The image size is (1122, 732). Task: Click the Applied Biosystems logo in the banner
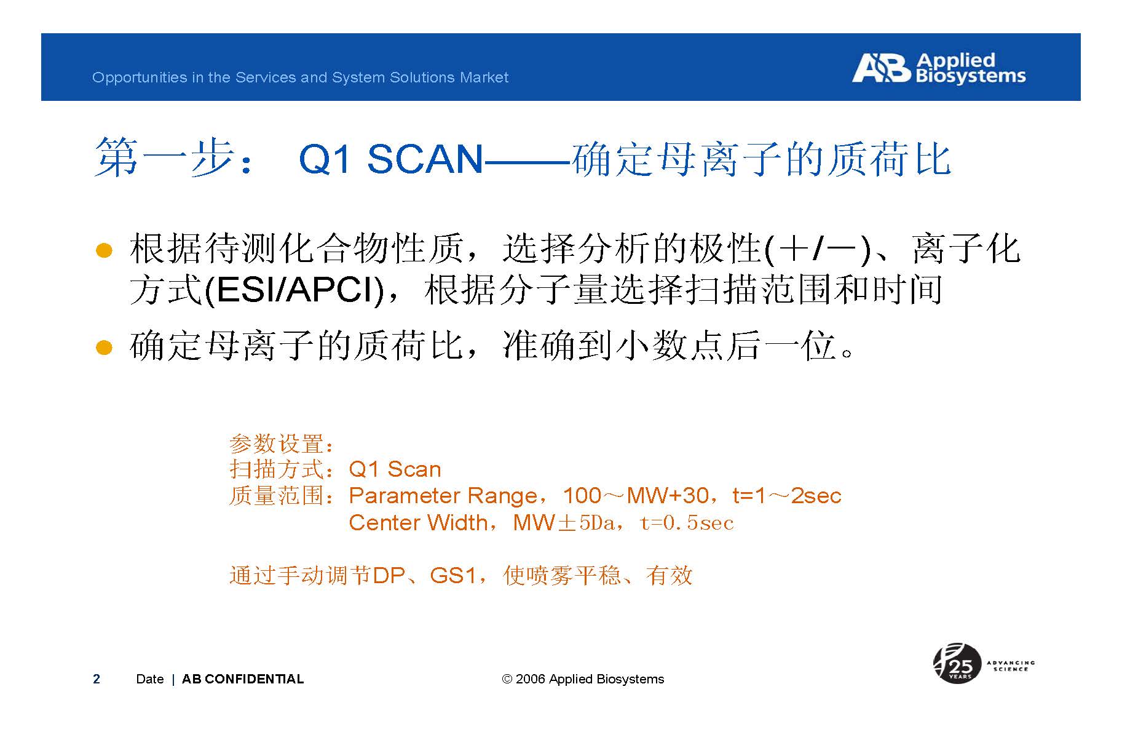[x=939, y=68]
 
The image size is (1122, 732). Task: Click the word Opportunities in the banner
[x=131, y=78]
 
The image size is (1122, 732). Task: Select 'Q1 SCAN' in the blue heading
[x=391, y=159]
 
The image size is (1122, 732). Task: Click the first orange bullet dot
[x=104, y=251]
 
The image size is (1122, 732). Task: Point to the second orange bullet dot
[x=104, y=348]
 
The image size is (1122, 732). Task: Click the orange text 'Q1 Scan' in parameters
[x=395, y=469]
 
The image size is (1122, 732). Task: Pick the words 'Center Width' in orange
[x=418, y=523]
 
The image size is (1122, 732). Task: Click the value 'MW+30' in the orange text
[x=667, y=495]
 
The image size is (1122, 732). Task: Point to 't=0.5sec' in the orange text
[x=687, y=523]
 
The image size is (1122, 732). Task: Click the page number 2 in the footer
[x=97, y=679]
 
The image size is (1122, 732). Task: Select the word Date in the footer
[x=150, y=679]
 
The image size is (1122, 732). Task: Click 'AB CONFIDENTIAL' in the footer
[x=243, y=679]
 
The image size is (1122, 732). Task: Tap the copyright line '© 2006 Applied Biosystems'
[x=583, y=679]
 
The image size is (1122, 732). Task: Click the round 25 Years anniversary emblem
[x=957, y=663]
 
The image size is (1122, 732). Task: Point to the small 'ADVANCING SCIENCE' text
[x=1011, y=666]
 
